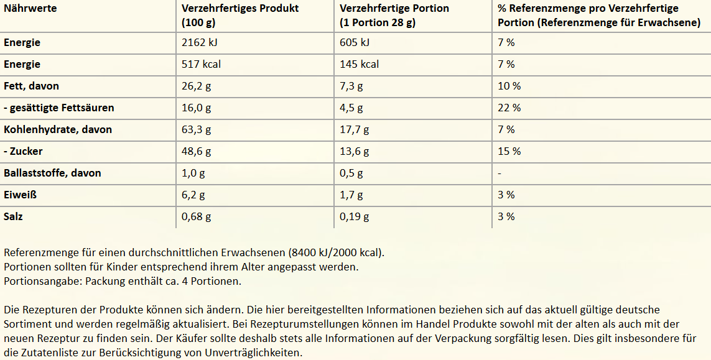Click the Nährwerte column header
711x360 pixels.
tap(30, 9)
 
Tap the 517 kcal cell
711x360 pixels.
tap(201, 64)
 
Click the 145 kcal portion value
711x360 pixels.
tap(359, 64)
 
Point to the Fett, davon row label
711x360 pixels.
tap(31, 86)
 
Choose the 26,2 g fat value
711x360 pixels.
tap(196, 86)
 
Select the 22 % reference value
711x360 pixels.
tap(509, 108)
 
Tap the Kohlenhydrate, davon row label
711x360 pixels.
tap(58, 129)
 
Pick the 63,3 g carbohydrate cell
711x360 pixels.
tap(196, 129)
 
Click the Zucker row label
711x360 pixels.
tap(23, 151)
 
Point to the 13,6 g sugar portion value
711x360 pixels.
tap(354, 151)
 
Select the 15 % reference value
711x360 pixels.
tap(509, 151)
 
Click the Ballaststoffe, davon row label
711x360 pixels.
tap(52, 173)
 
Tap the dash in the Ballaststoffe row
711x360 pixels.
tap(500, 173)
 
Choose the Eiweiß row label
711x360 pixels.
tap(21, 195)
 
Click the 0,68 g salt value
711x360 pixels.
tap(196, 216)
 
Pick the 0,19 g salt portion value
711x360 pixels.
tap(354, 216)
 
